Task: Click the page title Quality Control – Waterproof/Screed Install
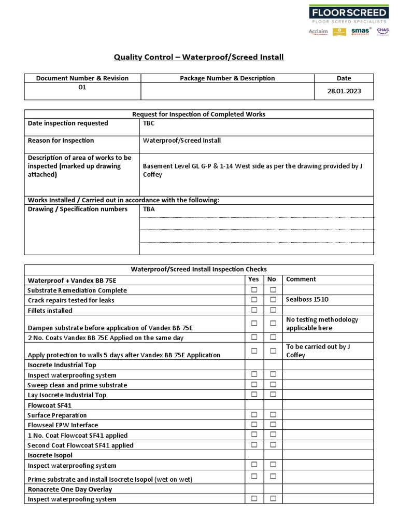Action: (x=198, y=57)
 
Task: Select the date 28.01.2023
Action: (x=344, y=91)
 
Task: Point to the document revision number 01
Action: (x=82, y=87)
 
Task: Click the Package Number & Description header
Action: (x=227, y=78)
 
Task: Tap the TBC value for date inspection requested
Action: (x=149, y=123)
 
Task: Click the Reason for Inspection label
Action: (x=61, y=141)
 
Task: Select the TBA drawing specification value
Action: (x=149, y=209)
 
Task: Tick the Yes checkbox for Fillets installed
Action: (x=254, y=310)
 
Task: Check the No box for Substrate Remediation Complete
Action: (x=273, y=290)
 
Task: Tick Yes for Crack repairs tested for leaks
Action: (x=254, y=300)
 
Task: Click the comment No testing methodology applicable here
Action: (x=322, y=324)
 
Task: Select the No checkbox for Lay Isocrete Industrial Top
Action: (x=273, y=394)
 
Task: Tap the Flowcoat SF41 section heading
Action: (x=50, y=405)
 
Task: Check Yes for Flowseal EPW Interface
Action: (x=254, y=425)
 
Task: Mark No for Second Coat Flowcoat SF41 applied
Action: (x=273, y=444)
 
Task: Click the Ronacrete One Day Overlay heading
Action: (x=69, y=489)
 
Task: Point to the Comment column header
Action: (x=301, y=279)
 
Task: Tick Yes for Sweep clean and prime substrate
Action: (x=254, y=384)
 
